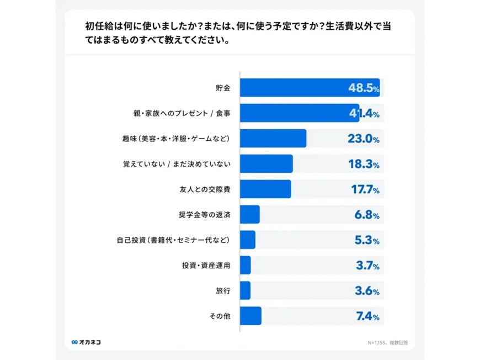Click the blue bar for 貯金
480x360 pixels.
tap(309, 88)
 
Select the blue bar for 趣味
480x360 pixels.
tap(273, 139)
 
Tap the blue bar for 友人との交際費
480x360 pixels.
tap(265, 189)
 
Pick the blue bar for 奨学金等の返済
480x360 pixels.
tap(250, 214)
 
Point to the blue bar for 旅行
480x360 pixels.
tap(246, 290)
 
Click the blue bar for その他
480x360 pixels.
tap(250, 316)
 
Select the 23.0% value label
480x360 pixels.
tap(364, 139)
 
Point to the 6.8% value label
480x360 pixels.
tap(366, 215)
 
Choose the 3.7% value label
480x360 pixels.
tap(367, 266)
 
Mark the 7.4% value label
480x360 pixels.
tap(366, 316)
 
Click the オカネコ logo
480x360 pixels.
tap(86, 342)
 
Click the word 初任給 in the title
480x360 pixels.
tap(97, 25)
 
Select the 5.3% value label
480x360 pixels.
tap(366, 240)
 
